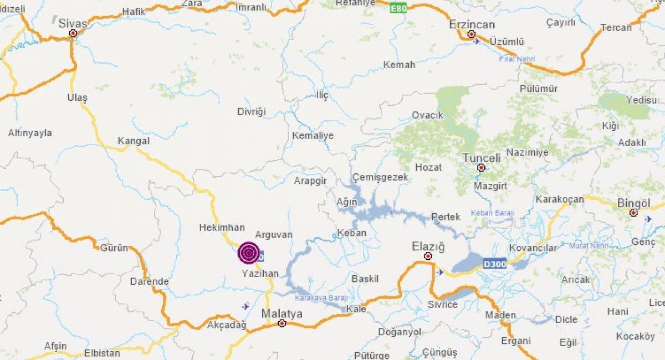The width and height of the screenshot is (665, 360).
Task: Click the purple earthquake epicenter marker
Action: tap(249, 253)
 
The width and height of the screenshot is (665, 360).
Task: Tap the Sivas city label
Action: tap(73, 22)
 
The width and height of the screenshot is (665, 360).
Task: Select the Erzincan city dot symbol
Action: tap(472, 34)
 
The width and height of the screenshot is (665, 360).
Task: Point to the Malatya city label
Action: tap(282, 313)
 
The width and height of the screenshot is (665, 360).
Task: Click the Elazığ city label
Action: tap(428, 246)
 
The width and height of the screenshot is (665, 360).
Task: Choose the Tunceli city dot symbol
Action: tap(481, 167)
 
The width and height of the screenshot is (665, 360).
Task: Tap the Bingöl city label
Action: tap(634, 203)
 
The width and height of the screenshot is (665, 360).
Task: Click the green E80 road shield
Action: tap(398, 8)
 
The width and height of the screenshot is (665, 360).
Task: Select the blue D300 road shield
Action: tap(494, 264)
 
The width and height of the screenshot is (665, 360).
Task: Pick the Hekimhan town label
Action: tap(222, 227)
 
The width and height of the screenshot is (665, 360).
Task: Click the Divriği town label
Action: tap(252, 111)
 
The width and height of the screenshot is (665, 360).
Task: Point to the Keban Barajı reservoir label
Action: tap(493, 213)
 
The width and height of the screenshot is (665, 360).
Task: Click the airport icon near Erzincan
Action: tap(477, 42)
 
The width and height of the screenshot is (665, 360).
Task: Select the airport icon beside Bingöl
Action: tap(648, 219)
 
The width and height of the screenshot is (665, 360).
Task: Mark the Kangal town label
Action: tap(134, 141)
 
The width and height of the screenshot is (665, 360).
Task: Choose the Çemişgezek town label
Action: tap(380, 177)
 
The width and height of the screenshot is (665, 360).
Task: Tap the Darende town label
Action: tap(149, 281)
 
